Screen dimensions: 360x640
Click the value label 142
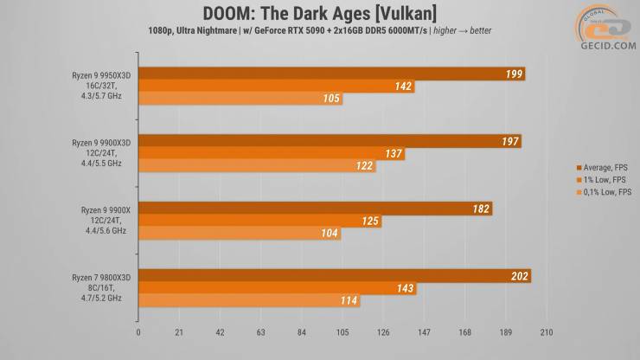point(402,87)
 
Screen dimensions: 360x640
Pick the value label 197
point(509,141)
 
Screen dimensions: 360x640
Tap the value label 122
point(363,166)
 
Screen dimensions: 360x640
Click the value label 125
point(369,222)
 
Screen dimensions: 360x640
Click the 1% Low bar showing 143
point(277,289)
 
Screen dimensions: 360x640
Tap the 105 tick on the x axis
point(342,331)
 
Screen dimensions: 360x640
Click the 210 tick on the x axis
point(545,331)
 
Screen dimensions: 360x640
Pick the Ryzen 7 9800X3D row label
point(101,288)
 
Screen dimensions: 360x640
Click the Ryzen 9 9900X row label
point(101,221)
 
